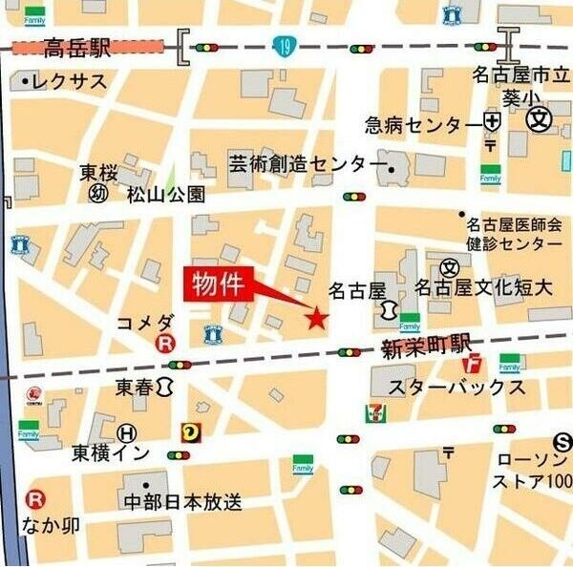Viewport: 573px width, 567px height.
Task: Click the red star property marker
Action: (316, 319)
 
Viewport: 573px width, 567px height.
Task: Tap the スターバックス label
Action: (456, 387)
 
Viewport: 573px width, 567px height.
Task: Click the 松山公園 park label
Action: (166, 195)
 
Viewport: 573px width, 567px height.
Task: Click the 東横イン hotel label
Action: (111, 454)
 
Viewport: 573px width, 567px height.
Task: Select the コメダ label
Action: (145, 322)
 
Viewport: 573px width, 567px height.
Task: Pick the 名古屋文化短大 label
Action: (484, 287)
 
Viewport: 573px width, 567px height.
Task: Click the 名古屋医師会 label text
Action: (514, 224)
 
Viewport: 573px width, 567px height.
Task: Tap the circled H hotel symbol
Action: (127, 431)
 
